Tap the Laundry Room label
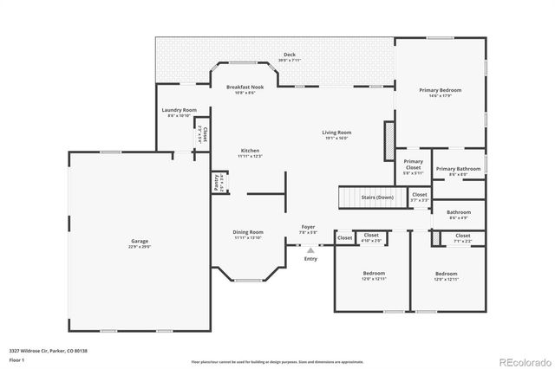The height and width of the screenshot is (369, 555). (x=179, y=110)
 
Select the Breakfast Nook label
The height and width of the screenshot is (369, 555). (x=244, y=87)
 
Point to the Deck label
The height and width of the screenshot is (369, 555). (x=290, y=55)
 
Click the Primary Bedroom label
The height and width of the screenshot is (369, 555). (x=440, y=90)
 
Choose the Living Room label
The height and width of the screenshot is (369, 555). (x=337, y=133)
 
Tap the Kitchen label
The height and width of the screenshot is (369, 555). (x=250, y=151)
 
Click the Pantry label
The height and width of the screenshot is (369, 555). (x=217, y=184)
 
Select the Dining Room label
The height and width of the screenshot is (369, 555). (x=248, y=232)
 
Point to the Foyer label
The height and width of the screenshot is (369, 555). (x=308, y=228)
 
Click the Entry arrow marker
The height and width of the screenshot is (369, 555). (x=310, y=250)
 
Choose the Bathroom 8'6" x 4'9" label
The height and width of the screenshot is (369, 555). (x=459, y=212)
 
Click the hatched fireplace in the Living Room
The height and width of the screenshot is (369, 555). (x=389, y=136)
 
